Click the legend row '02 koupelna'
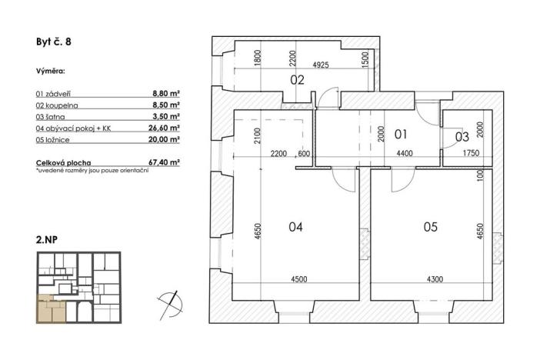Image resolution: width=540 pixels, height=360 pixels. [58, 103]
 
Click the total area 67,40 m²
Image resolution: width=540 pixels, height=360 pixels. [164, 162]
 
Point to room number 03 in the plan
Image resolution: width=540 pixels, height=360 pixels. [462, 137]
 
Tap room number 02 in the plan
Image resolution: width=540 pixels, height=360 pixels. [297, 80]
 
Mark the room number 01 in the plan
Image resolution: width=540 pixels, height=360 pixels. [400, 135]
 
